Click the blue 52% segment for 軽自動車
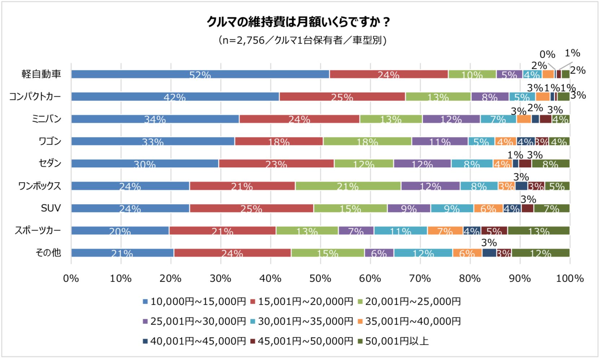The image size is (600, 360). pyautogui.click(x=200, y=74)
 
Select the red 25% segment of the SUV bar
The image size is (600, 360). pyautogui.click(x=251, y=208)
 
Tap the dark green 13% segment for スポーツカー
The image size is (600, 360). pyautogui.click(x=538, y=231)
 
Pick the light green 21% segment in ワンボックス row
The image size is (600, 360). pyautogui.click(x=348, y=186)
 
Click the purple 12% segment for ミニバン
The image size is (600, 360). pyautogui.click(x=451, y=119)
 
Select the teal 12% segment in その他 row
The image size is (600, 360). pyautogui.click(x=423, y=253)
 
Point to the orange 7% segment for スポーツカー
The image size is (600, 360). pyautogui.click(x=445, y=231)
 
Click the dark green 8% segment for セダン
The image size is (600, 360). pyautogui.click(x=550, y=163)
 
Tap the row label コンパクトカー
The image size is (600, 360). pyautogui.click(x=35, y=97)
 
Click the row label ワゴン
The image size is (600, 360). pyautogui.click(x=50, y=141)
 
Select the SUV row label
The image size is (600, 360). pyautogui.click(x=51, y=208)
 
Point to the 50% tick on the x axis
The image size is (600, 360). pyautogui.click(x=320, y=278)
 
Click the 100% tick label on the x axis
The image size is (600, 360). pyautogui.click(x=570, y=278)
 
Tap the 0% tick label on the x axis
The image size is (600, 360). pyautogui.click(x=71, y=278)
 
